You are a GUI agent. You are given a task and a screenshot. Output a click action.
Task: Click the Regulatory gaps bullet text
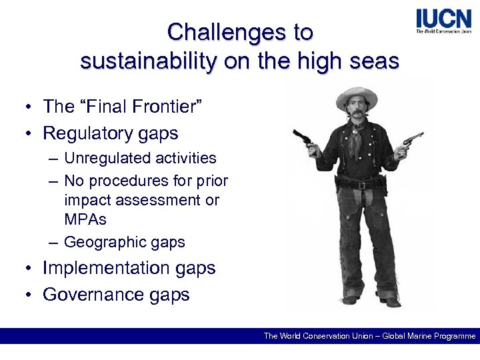pos(110,133)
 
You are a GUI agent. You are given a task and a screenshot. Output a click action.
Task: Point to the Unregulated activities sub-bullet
pos(140,158)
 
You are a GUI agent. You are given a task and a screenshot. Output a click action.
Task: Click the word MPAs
pos(85,219)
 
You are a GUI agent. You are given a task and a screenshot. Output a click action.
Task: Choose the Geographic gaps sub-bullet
pos(124,242)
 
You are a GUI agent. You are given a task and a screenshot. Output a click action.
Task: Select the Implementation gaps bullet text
pos(129,268)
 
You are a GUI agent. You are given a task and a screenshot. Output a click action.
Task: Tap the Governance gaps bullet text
pos(116,295)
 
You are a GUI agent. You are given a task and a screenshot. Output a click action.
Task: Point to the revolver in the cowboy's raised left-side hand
pos(303,137)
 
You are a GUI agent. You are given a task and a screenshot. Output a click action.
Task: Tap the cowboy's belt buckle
pos(361,185)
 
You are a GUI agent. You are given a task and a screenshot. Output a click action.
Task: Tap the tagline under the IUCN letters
pos(443,31)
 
